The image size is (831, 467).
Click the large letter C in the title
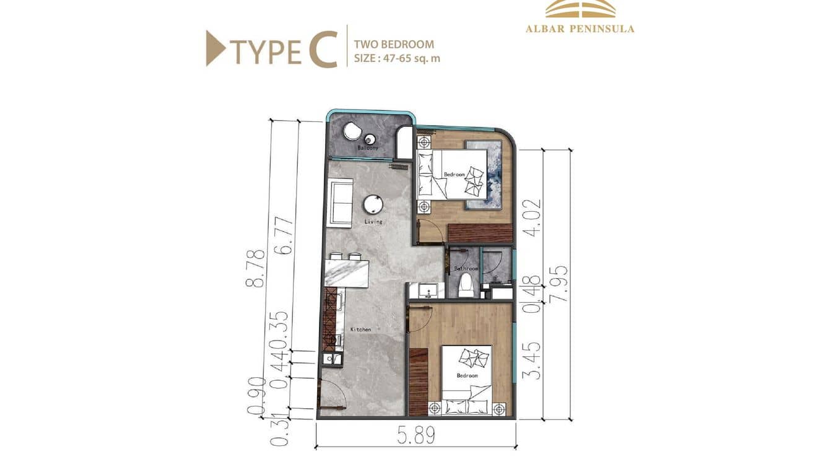tap(323, 50)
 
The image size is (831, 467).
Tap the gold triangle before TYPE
tap(215, 48)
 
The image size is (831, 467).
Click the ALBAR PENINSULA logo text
tap(580, 28)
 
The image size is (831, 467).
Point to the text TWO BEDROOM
tap(394, 45)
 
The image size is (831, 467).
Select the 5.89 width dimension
tap(417, 436)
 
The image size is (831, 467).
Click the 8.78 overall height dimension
tap(255, 268)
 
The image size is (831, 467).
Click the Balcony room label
tap(368, 149)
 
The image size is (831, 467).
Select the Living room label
tap(373, 221)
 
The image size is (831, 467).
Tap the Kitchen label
tap(360, 330)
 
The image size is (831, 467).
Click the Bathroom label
tap(466, 269)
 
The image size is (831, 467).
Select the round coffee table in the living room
tap(373, 204)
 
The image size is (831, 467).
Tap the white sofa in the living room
tap(340, 202)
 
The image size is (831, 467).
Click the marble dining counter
tap(346, 273)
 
